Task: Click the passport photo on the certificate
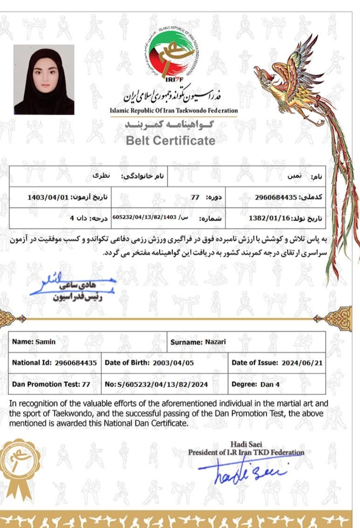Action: (44, 79)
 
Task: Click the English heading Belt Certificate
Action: (171, 141)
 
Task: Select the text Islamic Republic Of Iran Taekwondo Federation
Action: (174, 110)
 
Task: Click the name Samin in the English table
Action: (45, 342)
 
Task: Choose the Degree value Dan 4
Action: (270, 384)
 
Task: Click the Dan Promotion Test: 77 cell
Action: (51, 384)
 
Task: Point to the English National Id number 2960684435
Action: (76, 363)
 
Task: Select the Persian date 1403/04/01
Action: (48, 198)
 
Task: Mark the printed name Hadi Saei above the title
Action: (246, 444)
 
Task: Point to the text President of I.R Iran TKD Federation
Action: (246, 452)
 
